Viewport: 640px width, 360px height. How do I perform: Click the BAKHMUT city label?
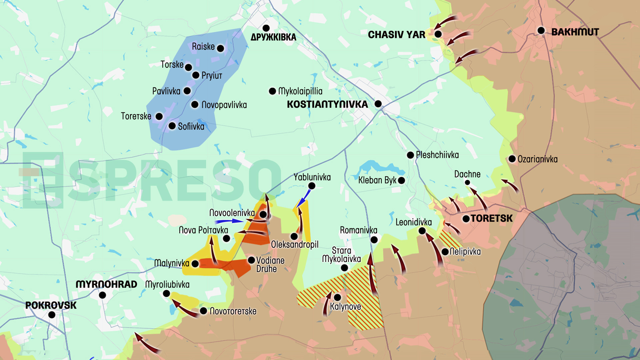tap(575, 32)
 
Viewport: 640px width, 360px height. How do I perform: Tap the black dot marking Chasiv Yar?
tap(438, 34)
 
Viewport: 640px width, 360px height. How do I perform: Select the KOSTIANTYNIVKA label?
tap(327, 104)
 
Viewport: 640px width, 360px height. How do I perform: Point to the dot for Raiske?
tap(220, 49)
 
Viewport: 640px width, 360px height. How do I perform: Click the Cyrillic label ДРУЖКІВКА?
tap(273, 37)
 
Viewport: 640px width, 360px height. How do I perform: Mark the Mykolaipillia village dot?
tap(272, 91)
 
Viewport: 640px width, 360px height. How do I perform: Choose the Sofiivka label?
tap(191, 126)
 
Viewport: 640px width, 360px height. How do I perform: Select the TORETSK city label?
tap(491, 218)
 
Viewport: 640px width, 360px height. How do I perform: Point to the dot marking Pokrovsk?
tap(52, 315)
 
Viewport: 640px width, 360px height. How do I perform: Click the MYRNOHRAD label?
tap(106, 284)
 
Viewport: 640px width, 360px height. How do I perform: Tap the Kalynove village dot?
tap(337, 297)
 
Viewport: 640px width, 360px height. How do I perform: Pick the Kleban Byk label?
tap(377, 180)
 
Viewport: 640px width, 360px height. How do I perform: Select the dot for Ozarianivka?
tap(512, 159)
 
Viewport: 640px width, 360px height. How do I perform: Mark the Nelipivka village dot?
tap(445, 252)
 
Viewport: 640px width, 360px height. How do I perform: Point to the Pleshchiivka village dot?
tap(410, 155)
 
